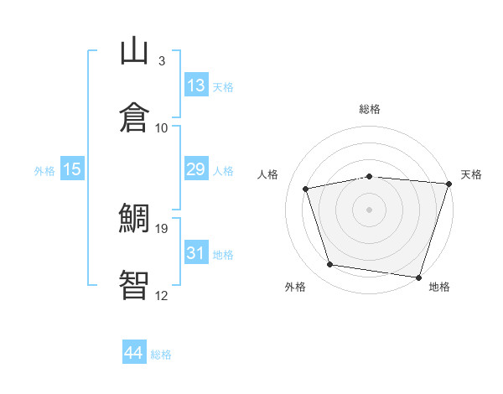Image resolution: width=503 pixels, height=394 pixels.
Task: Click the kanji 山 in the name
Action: (134, 50)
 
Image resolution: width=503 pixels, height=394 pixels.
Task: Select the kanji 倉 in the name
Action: (134, 117)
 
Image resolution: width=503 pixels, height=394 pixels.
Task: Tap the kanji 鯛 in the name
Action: (134, 218)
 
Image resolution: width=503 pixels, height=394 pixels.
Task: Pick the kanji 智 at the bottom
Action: (134, 285)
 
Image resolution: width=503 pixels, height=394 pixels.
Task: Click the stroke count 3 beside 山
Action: (162, 61)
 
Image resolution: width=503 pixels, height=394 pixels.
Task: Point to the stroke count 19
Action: (161, 229)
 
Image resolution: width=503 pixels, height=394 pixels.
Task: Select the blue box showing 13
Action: (197, 85)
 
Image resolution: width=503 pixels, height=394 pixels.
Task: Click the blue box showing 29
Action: (197, 168)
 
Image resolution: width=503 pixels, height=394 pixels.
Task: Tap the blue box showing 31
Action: (197, 251)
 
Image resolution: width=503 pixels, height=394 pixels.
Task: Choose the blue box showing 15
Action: (72, 168)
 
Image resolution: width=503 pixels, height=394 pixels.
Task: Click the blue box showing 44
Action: (134, 351)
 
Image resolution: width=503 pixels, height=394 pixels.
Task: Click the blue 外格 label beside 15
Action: (44, 171)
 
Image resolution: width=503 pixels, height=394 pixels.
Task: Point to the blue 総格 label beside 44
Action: (161, 355)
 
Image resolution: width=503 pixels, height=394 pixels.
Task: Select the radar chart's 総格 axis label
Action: (370, 109)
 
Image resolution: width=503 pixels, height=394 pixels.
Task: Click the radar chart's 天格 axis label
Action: (471, 174)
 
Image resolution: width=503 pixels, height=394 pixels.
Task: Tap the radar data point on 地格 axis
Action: (418, 277)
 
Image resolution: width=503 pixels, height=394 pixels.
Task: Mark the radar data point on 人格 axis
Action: (306, 189)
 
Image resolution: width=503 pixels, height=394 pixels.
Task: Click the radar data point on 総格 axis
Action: (370, 177)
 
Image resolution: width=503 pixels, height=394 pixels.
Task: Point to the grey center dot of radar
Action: (369, 210)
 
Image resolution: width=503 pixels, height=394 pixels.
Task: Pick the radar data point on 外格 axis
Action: (330, 264)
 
